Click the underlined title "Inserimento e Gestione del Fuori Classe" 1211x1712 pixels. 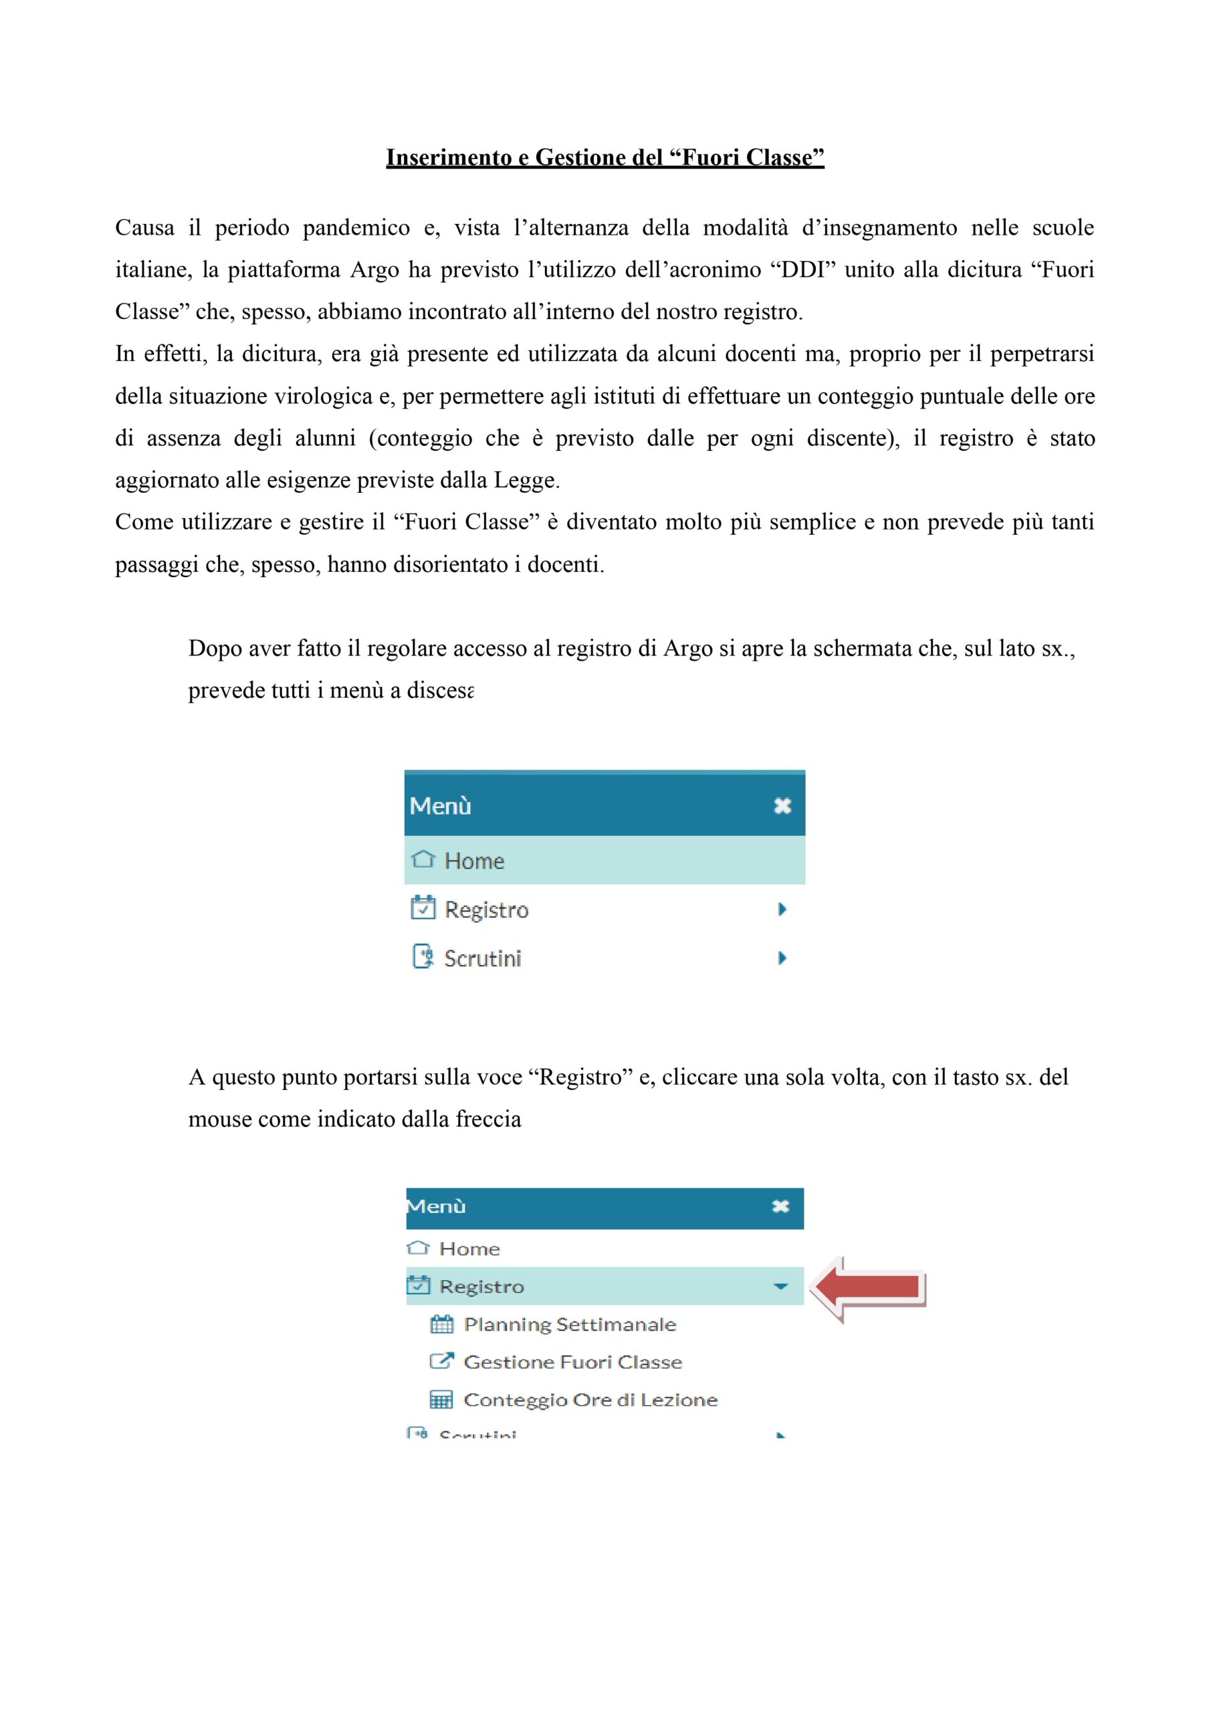(x=604, y=157)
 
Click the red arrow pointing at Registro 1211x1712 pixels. (x=869, y=1287)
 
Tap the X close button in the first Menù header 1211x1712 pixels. (x=782, y=805)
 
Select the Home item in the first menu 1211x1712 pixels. (x=474, y=861)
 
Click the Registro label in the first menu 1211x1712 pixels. (x=486, y=909)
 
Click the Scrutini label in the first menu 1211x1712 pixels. (x=483, y=958)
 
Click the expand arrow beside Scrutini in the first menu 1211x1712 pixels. (x=782, y=958)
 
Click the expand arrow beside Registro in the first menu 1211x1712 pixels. (x=782, y=909)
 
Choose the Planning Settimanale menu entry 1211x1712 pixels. (x=570, y=1324)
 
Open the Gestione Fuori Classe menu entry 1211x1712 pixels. (x=572, y=1362)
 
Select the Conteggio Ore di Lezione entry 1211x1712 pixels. (x=590, y=1400)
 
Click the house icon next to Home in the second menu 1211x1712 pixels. (x=419, y=1247)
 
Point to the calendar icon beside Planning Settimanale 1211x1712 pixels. (x=441, y=1324)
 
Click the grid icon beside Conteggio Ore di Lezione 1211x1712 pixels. (x=441, y=1400)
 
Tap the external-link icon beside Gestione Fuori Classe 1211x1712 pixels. (x=441, y=1362)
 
